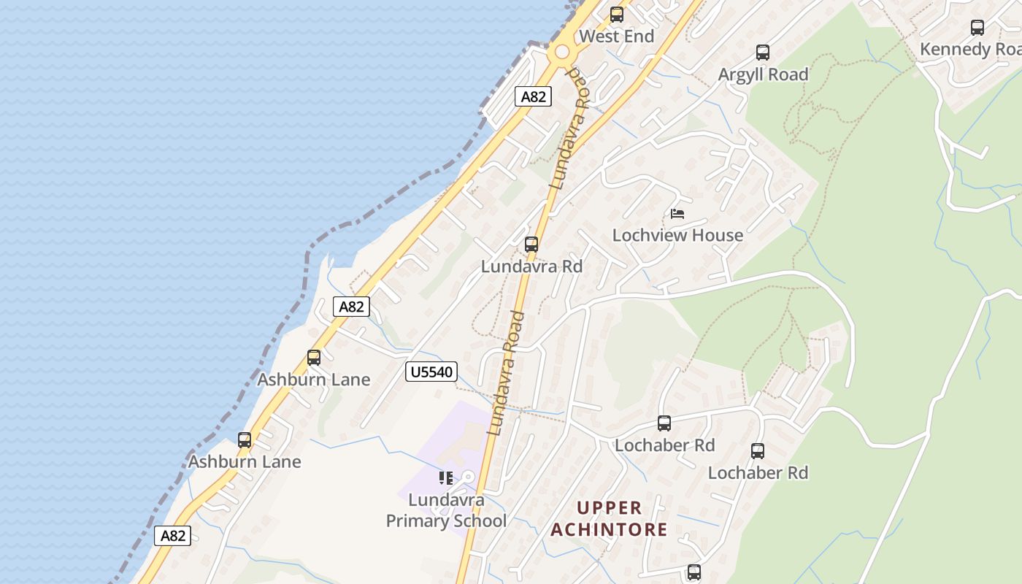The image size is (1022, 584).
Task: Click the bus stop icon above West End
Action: pos(617,15)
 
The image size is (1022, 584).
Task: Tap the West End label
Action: pos(617,36)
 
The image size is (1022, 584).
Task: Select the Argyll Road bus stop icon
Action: pos(763,53)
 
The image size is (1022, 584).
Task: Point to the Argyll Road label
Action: pos(763,74)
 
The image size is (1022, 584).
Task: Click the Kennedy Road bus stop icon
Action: pos(977,28)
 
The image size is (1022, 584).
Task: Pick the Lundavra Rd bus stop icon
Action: pos(531,245)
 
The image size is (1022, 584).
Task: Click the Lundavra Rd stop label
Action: pos(531,266)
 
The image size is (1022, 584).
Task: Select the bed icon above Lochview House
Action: pos(677,214)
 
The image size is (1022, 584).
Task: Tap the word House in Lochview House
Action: pos(720,235)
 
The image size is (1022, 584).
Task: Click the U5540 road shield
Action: pos(431,372)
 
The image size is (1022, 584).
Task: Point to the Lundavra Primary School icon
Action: pos(445,478)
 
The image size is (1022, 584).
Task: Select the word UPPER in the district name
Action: pos(610,508)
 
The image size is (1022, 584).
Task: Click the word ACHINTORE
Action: pos(609,529)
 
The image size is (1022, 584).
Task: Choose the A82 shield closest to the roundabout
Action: pos(533,96)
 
